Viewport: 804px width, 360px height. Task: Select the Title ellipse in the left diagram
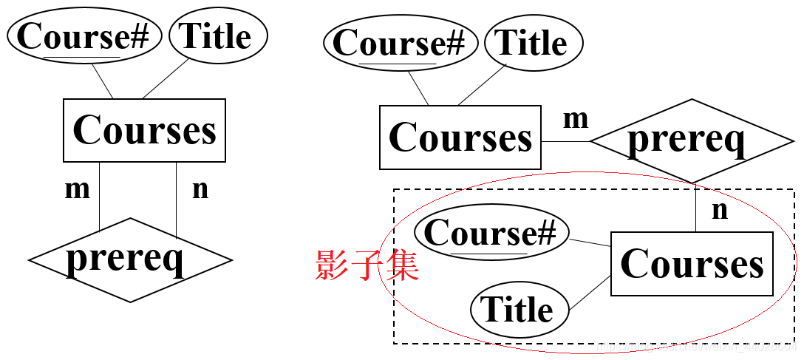217,36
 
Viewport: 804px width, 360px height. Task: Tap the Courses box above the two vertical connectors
144,130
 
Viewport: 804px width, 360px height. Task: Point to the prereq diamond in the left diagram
130,259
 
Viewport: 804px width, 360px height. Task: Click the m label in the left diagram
77,189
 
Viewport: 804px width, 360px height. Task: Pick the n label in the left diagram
200,189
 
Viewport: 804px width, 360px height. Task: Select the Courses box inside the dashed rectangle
692,264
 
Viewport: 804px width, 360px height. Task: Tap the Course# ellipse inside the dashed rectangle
491,234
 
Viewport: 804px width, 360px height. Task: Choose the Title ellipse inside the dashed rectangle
519,309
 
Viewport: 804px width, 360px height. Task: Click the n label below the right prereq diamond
719,210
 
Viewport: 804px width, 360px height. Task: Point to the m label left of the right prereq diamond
576,118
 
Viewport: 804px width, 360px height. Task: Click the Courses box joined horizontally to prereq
460,137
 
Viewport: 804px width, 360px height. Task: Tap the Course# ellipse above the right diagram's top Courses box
399,44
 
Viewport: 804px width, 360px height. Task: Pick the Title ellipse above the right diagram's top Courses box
533,43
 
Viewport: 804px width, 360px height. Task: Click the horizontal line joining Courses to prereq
565,141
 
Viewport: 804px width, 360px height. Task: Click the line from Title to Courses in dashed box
589,293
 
